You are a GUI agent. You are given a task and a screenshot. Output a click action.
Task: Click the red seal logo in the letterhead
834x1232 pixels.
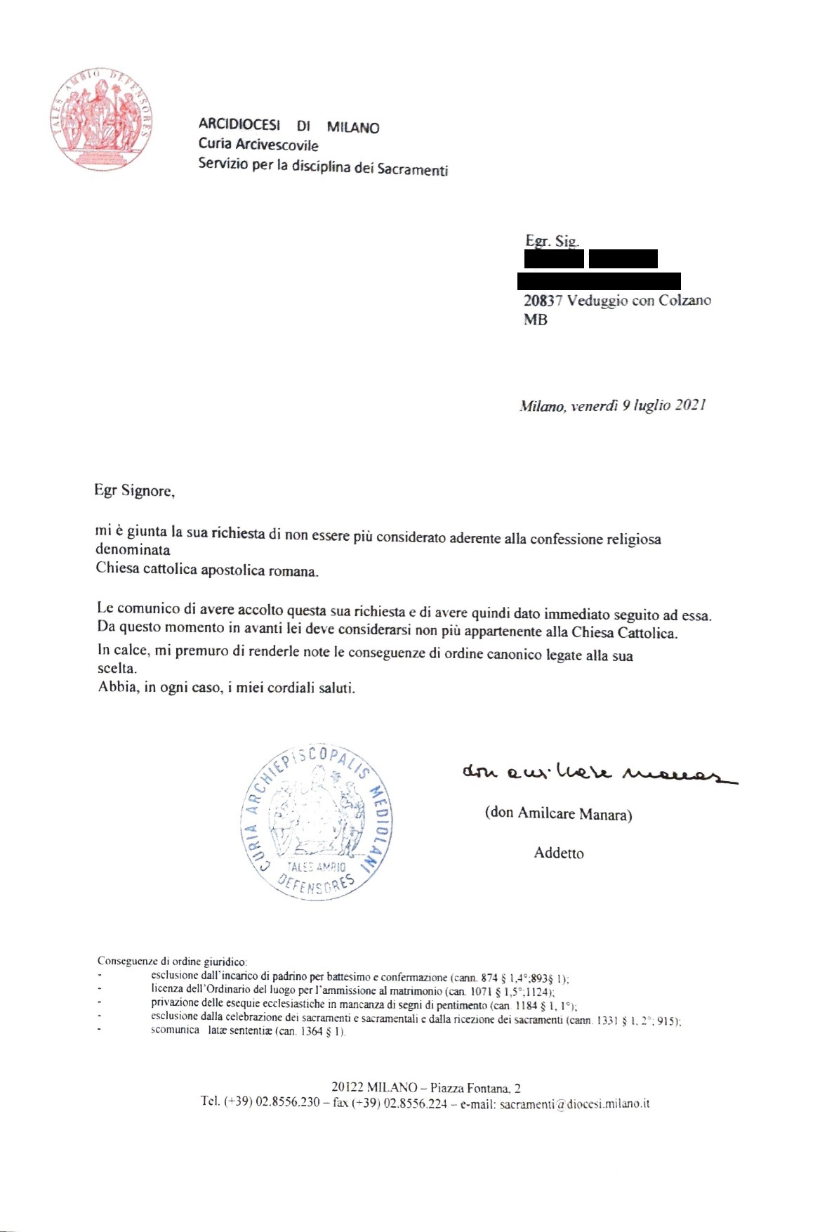(101, 119)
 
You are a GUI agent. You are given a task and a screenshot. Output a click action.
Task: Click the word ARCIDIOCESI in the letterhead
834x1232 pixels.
(239, 124)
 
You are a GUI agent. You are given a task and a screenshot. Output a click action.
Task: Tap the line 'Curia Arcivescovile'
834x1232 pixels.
(258, 145)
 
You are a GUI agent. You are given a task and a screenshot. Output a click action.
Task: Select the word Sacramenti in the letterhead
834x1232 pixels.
(412, 169)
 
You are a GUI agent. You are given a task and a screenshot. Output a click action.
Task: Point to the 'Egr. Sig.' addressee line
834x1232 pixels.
(552, 241)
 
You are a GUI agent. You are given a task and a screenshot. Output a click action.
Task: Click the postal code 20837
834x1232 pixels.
(543, 301)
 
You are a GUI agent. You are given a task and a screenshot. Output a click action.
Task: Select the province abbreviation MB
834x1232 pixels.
(535, 320)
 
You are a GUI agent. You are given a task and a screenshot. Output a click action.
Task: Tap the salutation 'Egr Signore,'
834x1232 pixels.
(134, 490)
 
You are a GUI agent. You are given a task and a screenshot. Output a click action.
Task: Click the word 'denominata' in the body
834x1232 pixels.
(133, 549)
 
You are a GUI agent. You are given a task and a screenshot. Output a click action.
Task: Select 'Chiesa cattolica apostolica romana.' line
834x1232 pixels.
(207, 569)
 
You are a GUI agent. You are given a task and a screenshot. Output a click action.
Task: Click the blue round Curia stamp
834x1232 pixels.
(317, 821)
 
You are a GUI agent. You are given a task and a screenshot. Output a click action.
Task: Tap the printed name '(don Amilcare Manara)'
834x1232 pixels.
(558, 813)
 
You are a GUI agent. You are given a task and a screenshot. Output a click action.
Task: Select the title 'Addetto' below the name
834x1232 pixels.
(559, 853)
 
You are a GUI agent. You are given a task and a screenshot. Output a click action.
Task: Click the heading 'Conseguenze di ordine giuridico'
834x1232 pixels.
(171, 961)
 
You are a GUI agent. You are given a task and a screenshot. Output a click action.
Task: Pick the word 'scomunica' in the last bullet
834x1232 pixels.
(175, 1030)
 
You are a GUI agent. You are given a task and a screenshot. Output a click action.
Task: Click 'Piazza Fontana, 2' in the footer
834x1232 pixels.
(475, 1088)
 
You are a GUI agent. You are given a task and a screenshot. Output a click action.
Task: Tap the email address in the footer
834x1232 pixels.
(574, 1103)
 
